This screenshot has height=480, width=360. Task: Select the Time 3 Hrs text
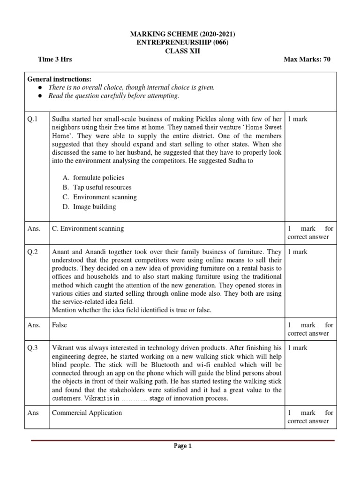(x=55, y=60)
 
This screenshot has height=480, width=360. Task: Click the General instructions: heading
(x=60, y=79)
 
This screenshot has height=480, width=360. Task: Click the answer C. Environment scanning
(x=88, y=229)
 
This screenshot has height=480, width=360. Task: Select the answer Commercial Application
(x=87, y=413)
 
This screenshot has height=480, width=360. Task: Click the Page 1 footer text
(x=183, y=446)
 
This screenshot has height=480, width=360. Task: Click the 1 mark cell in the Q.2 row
(x=298, y=252)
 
